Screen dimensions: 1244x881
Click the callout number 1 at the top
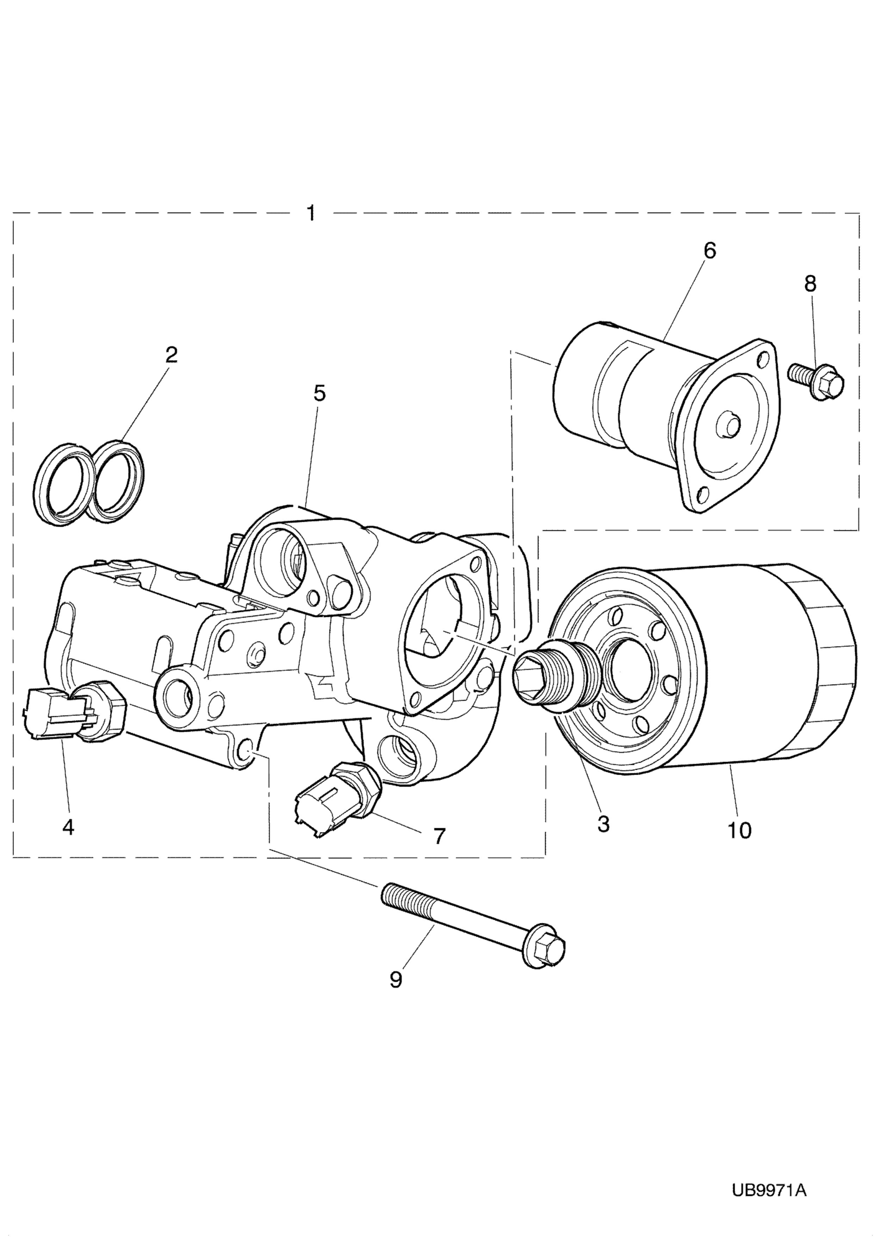coord(311,213)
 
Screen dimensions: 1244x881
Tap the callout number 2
coord(171,355)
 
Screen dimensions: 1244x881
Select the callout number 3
coord(602,824)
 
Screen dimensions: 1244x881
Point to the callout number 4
coord(68,827)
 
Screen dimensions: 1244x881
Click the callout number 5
coord(319,393)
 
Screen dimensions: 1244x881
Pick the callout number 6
coord(710,251)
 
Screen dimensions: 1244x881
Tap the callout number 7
coord(439,836)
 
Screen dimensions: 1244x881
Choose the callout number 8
coord(809,284)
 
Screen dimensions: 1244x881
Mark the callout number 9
coord(396,980)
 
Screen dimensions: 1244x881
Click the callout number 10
coord(740,830)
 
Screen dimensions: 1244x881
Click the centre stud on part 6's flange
coord(729,425)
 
